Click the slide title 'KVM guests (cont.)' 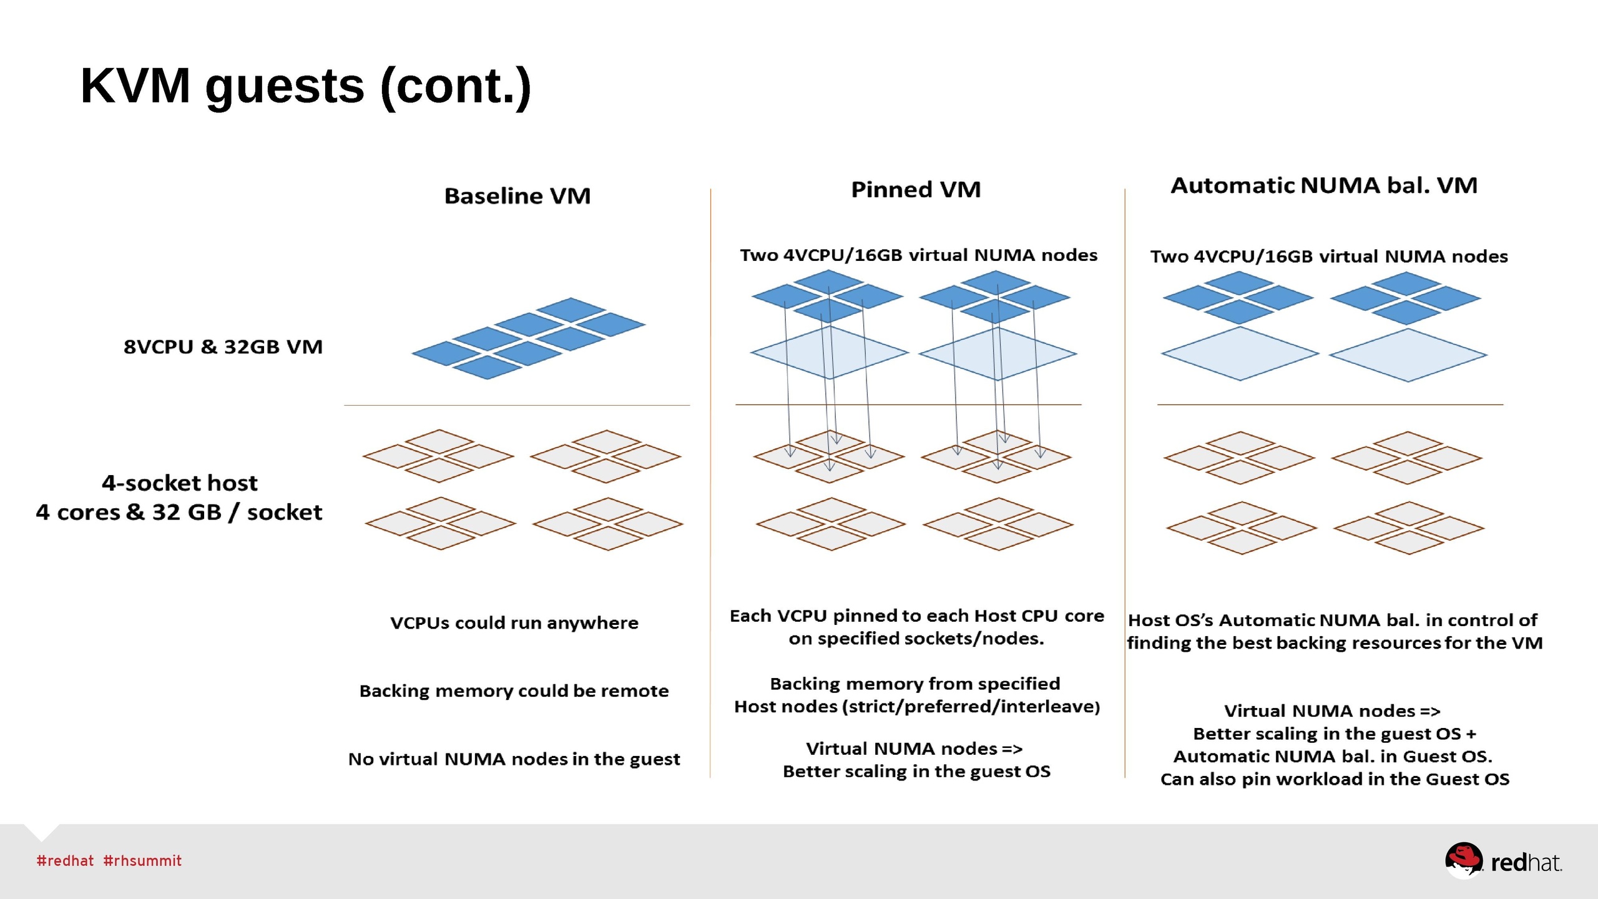(306, 86)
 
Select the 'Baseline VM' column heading (517, 196)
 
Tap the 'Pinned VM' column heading (916, 190)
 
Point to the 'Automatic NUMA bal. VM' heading (1323, 185)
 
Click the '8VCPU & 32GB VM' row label (223, 346)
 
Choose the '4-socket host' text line (179, 483)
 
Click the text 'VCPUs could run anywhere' (514, 623)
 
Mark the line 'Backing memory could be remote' (514, 691)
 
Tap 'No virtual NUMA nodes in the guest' (514, 759)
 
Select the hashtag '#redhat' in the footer (65, 861)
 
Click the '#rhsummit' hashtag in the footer (142, 861)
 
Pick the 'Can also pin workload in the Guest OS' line (1335, 779)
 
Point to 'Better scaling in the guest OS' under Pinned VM (916, 772)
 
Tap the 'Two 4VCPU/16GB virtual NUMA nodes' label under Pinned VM (918, 255)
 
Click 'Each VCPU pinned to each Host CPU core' (916, 616)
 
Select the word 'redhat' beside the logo (1526, 863)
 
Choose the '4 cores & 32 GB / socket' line (179, 513)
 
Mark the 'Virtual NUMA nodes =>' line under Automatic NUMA (1332, 711)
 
